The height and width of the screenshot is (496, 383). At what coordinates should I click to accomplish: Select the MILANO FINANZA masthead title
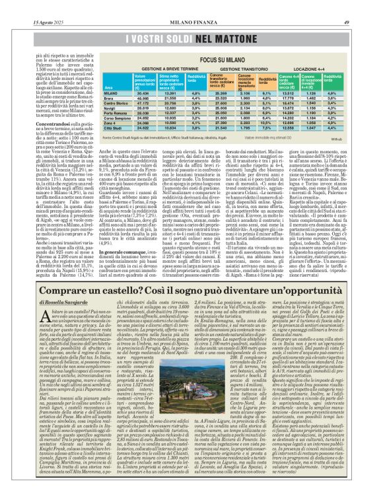click(192, 6)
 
